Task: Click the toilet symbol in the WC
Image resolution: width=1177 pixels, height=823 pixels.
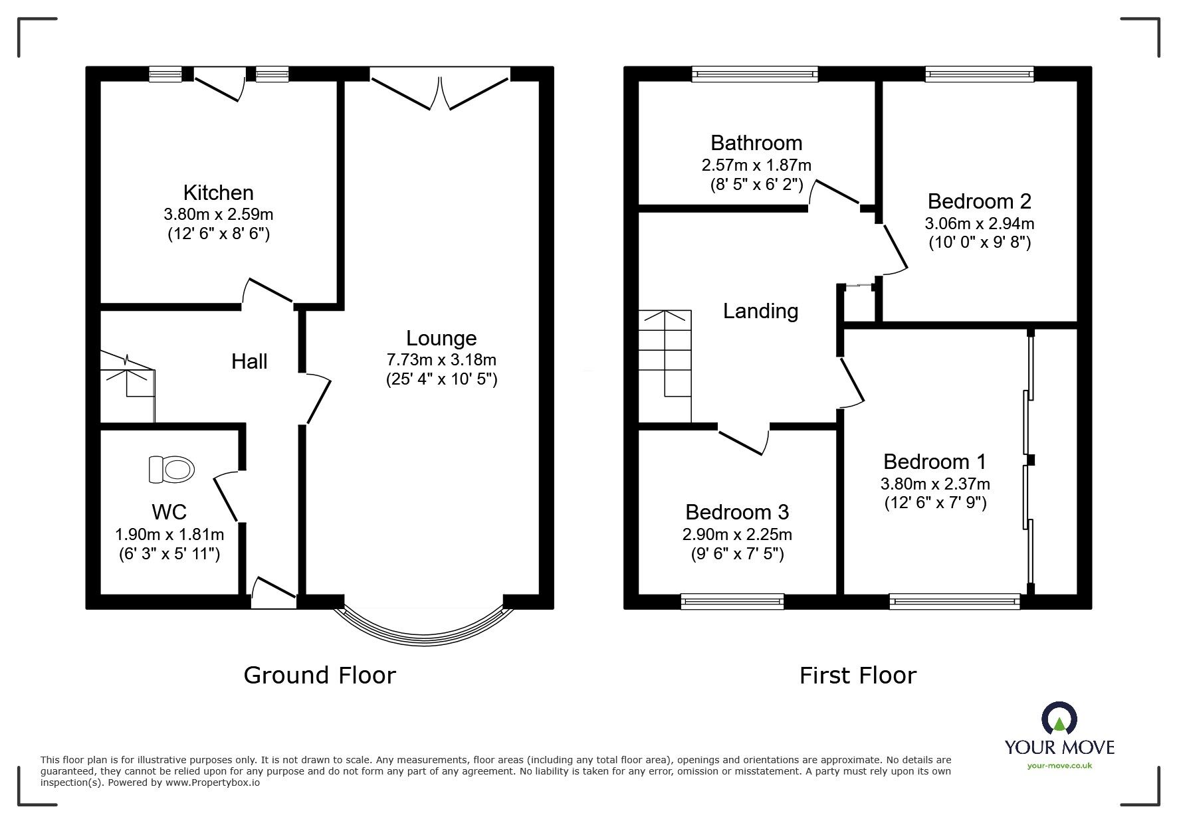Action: point(171,469)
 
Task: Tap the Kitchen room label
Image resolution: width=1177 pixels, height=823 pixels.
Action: point(218,193)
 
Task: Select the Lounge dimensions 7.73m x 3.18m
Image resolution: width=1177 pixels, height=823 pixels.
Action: point(441,359)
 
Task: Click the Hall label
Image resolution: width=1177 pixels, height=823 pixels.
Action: point(249,361)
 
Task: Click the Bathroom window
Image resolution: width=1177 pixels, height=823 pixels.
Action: point(754,74)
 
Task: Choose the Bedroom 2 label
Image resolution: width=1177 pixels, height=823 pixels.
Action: point(979,201)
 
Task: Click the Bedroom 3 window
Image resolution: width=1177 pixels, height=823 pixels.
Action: point(732,601)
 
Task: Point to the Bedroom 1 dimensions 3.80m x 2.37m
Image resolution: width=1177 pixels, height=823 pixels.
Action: point(935,484)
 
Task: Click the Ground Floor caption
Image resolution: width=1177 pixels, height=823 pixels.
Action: point(320,675)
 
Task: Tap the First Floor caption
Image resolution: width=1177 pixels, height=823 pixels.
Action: point(857,676)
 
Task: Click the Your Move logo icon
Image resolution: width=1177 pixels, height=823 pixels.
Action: point(1059,719)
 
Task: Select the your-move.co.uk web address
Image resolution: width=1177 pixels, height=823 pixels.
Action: point(1059,766)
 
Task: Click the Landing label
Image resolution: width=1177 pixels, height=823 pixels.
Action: point(760,311)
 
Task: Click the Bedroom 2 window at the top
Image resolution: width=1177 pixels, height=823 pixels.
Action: point(979,74)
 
